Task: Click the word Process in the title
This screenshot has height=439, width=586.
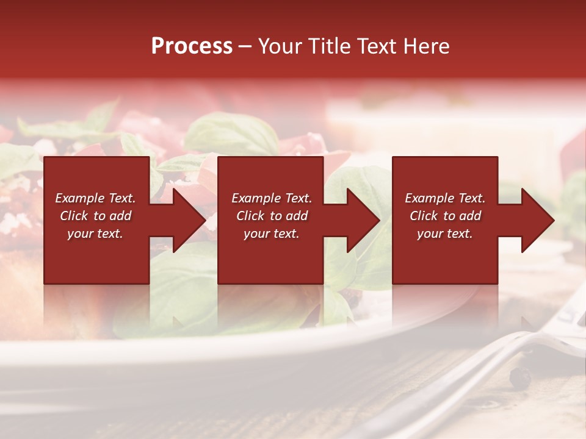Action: tap(192, 46)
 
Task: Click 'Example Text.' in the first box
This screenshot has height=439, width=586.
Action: tap(96, 198)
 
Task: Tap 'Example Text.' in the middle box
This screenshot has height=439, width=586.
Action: tap(272, 198)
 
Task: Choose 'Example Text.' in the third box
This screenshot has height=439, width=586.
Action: tap(445, 198)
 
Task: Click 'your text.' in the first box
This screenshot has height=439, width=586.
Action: tap(95, 234)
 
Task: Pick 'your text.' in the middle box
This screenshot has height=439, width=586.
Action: tap(272, 234)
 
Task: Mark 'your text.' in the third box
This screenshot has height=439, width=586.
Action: tap(445, 234)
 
